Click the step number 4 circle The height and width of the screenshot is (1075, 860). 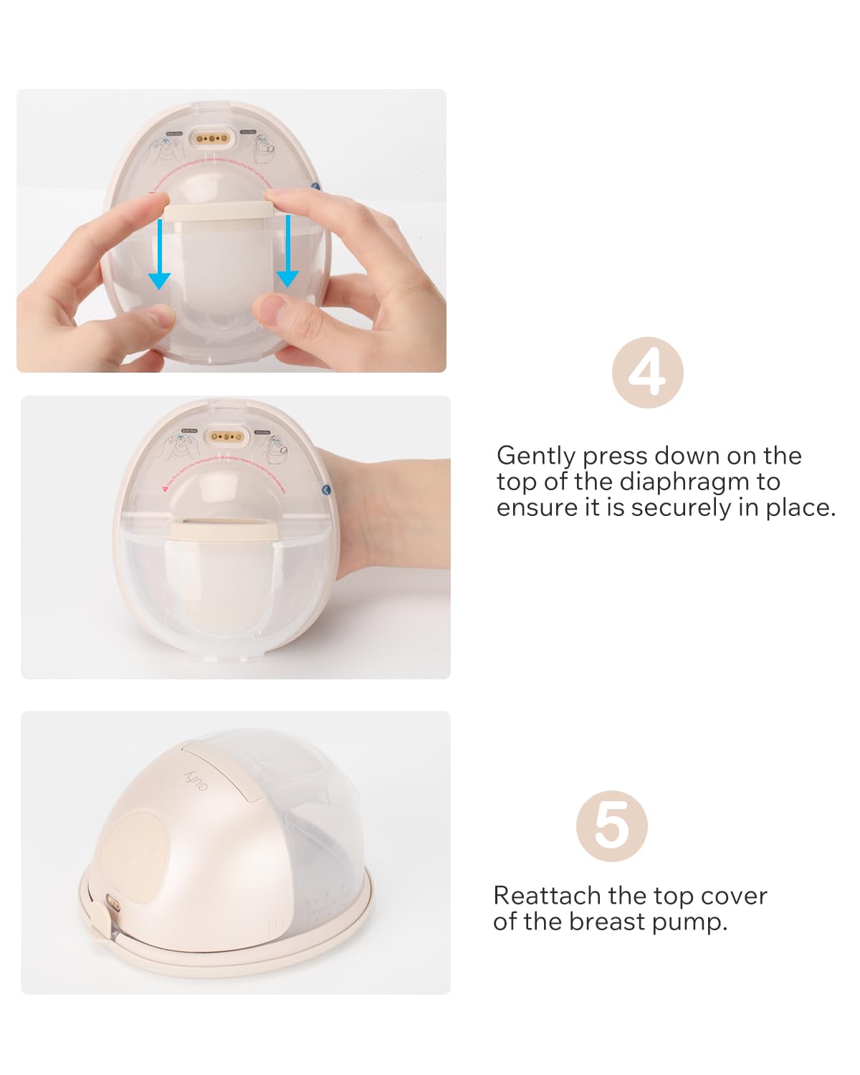(x=647, y=373)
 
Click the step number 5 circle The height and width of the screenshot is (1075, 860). (x=611, y=826)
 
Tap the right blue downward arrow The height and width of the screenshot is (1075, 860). (x=287, y=252)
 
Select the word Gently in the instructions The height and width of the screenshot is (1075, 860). (x=536, y=456)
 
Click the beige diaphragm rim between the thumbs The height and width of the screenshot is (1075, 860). (x=219, y=210)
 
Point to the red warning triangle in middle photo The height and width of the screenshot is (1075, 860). (x=164, y=487)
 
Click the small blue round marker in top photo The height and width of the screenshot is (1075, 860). (x=316, y=186)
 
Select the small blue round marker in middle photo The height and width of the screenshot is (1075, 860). (x=327, y=489)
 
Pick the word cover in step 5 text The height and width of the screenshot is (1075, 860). (x=733, y=896)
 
